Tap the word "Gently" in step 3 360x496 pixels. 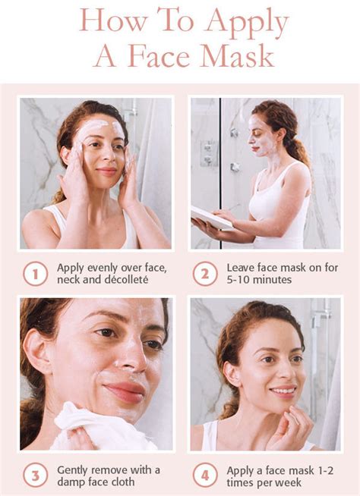75,469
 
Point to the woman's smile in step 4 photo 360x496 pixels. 283,392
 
